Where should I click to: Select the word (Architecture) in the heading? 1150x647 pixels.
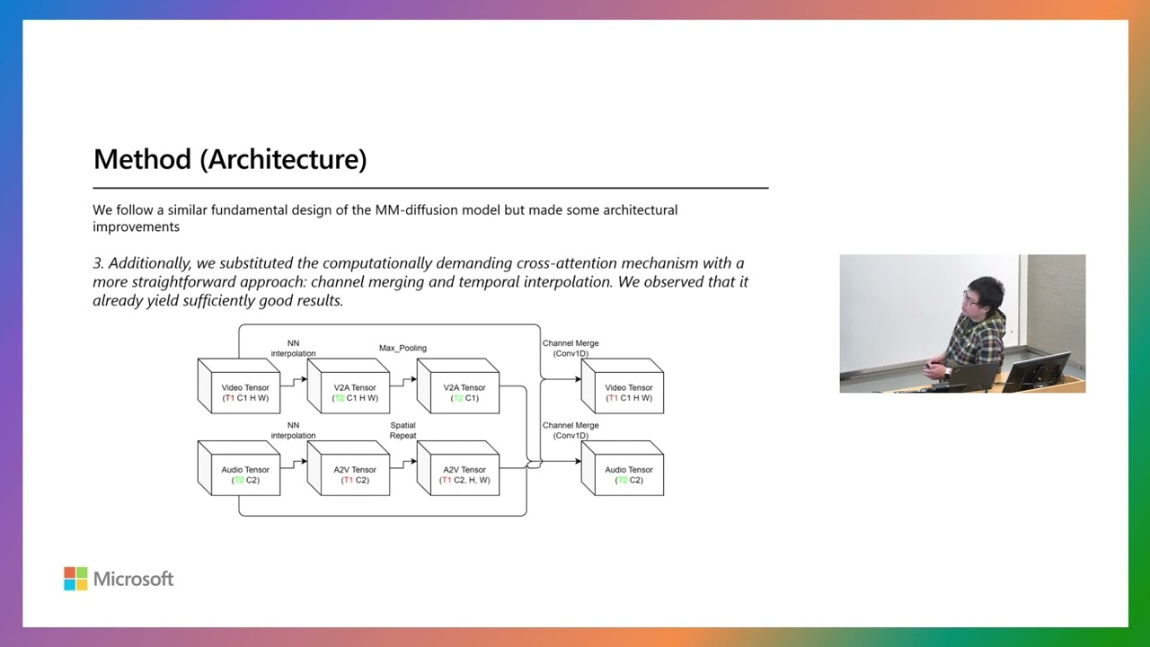coord(283,160)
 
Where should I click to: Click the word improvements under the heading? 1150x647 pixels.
coord(136,226)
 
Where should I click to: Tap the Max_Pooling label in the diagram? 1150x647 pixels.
coord(402,348)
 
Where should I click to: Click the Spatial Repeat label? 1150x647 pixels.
coord(402,430)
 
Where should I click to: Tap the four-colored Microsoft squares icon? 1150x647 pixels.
coord(75,579)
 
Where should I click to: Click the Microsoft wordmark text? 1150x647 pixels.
coord(133,579)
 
